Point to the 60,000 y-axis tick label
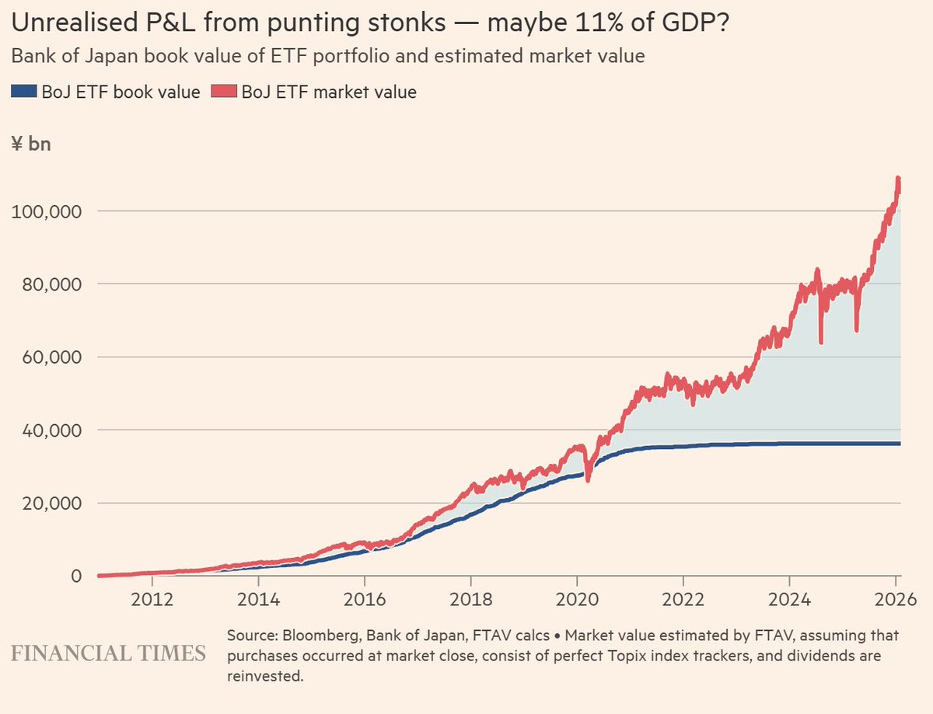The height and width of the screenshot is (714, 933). (x=46, y=357)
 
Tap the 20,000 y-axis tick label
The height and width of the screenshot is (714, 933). (x=46, y=503)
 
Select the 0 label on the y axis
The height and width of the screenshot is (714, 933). (x=76, y=576)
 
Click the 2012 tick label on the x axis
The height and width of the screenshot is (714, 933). (x=152, y=601)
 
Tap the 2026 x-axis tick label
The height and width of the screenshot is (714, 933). (x=895, y=601)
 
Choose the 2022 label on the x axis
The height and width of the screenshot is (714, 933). (x=683, y=601)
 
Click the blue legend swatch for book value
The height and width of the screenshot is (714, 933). (x=23, y=92)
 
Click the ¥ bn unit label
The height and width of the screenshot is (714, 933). (x=31, y=144)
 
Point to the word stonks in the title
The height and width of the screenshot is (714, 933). (x=408, y=24)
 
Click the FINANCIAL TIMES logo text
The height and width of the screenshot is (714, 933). (x=108, y=653)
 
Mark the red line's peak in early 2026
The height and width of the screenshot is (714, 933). (x=898, y=179)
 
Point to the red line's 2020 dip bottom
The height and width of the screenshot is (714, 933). (x=588, y=480)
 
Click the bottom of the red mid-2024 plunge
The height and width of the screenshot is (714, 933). (x=821, y=341)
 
